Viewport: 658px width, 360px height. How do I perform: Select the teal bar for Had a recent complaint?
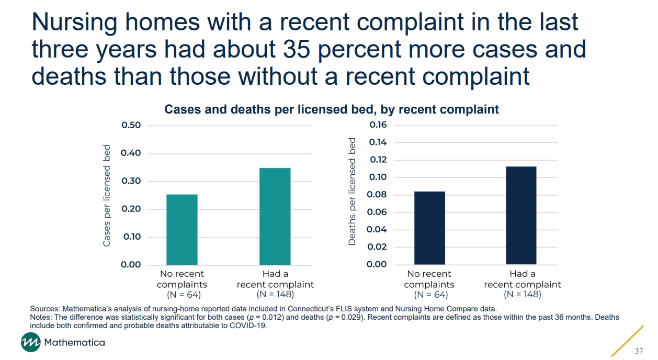tap(275, 216)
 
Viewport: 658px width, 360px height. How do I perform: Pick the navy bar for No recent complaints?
tap(429, 228)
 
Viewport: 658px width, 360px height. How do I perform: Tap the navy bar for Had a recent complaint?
tap(521, 215)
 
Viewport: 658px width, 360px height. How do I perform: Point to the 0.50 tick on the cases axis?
tap(131, 126)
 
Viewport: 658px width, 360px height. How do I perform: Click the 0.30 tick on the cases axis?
tap(131, 181)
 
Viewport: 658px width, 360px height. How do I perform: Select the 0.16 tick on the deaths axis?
tap(378, 125)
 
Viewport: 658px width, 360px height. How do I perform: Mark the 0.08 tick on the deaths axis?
tap(378, 195)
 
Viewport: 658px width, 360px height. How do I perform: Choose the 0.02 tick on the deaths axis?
tap(378, 247)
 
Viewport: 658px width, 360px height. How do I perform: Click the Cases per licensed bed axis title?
tap(107, 195)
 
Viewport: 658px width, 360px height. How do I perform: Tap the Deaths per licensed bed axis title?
tap(352, 192)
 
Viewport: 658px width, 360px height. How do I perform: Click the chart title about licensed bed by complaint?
tap(332, 109)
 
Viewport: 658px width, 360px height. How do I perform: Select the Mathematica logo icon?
tap(30, 343)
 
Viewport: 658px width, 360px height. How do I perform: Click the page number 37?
tap(639, 351)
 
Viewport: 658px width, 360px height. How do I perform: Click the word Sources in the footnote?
tap(43, 309)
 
